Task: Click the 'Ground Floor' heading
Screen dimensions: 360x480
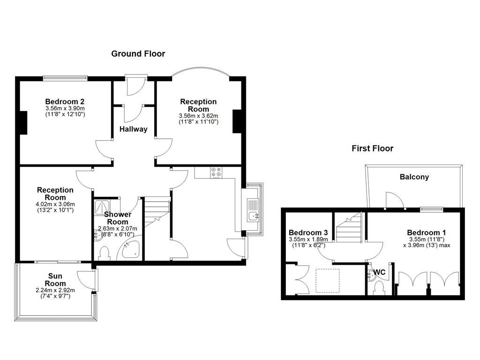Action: [x=138, y=54]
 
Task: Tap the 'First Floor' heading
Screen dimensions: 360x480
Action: [x=372, y=149]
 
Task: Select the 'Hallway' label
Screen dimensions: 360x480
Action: [x=133, y=129]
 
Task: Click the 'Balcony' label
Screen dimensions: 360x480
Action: [x=414, y=177]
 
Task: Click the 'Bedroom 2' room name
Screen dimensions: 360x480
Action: [x=65, y=101]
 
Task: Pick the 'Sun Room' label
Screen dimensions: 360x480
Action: [x=55, y=280]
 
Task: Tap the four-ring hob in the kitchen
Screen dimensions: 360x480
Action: [x=217, y=172]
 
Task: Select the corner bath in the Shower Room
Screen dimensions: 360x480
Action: [x=132, y=250]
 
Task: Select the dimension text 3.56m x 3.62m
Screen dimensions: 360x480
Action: [x=198, y=116]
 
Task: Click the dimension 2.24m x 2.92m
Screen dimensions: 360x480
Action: [x=55, y=291]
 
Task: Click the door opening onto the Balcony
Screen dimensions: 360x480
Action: [x=393, y=200]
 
